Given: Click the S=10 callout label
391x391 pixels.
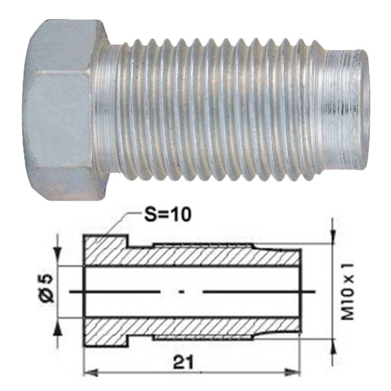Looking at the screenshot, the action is pyautogui.click(x=168, y=214).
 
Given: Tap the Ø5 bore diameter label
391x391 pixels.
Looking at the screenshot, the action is pyautogui.click(x=47, y=289).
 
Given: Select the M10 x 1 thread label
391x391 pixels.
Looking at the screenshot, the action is pyautogui.click(x=348, y=291).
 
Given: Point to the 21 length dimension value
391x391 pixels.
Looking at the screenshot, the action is pyautogui.click(x=183, y=362).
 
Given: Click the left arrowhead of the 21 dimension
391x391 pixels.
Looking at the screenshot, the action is pyautogui.click(x=91, y=373).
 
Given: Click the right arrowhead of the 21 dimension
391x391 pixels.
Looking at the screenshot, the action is pyautogui.click(x=293, y=373).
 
